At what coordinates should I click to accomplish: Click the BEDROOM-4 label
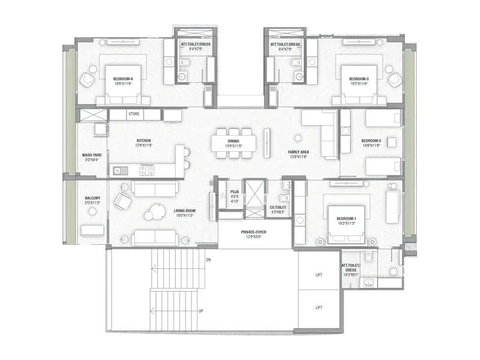[123, 78]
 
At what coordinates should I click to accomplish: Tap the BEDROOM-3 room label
[359, 79]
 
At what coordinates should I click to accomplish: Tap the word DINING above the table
[233, 140]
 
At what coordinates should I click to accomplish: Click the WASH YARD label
[92, 155]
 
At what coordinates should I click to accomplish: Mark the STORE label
[135, 113]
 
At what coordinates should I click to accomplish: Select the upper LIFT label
[319, 275]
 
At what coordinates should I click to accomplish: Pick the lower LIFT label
[319, 307]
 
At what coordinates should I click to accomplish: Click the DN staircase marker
[208, 260]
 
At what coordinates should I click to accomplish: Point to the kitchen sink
[117, 171]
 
